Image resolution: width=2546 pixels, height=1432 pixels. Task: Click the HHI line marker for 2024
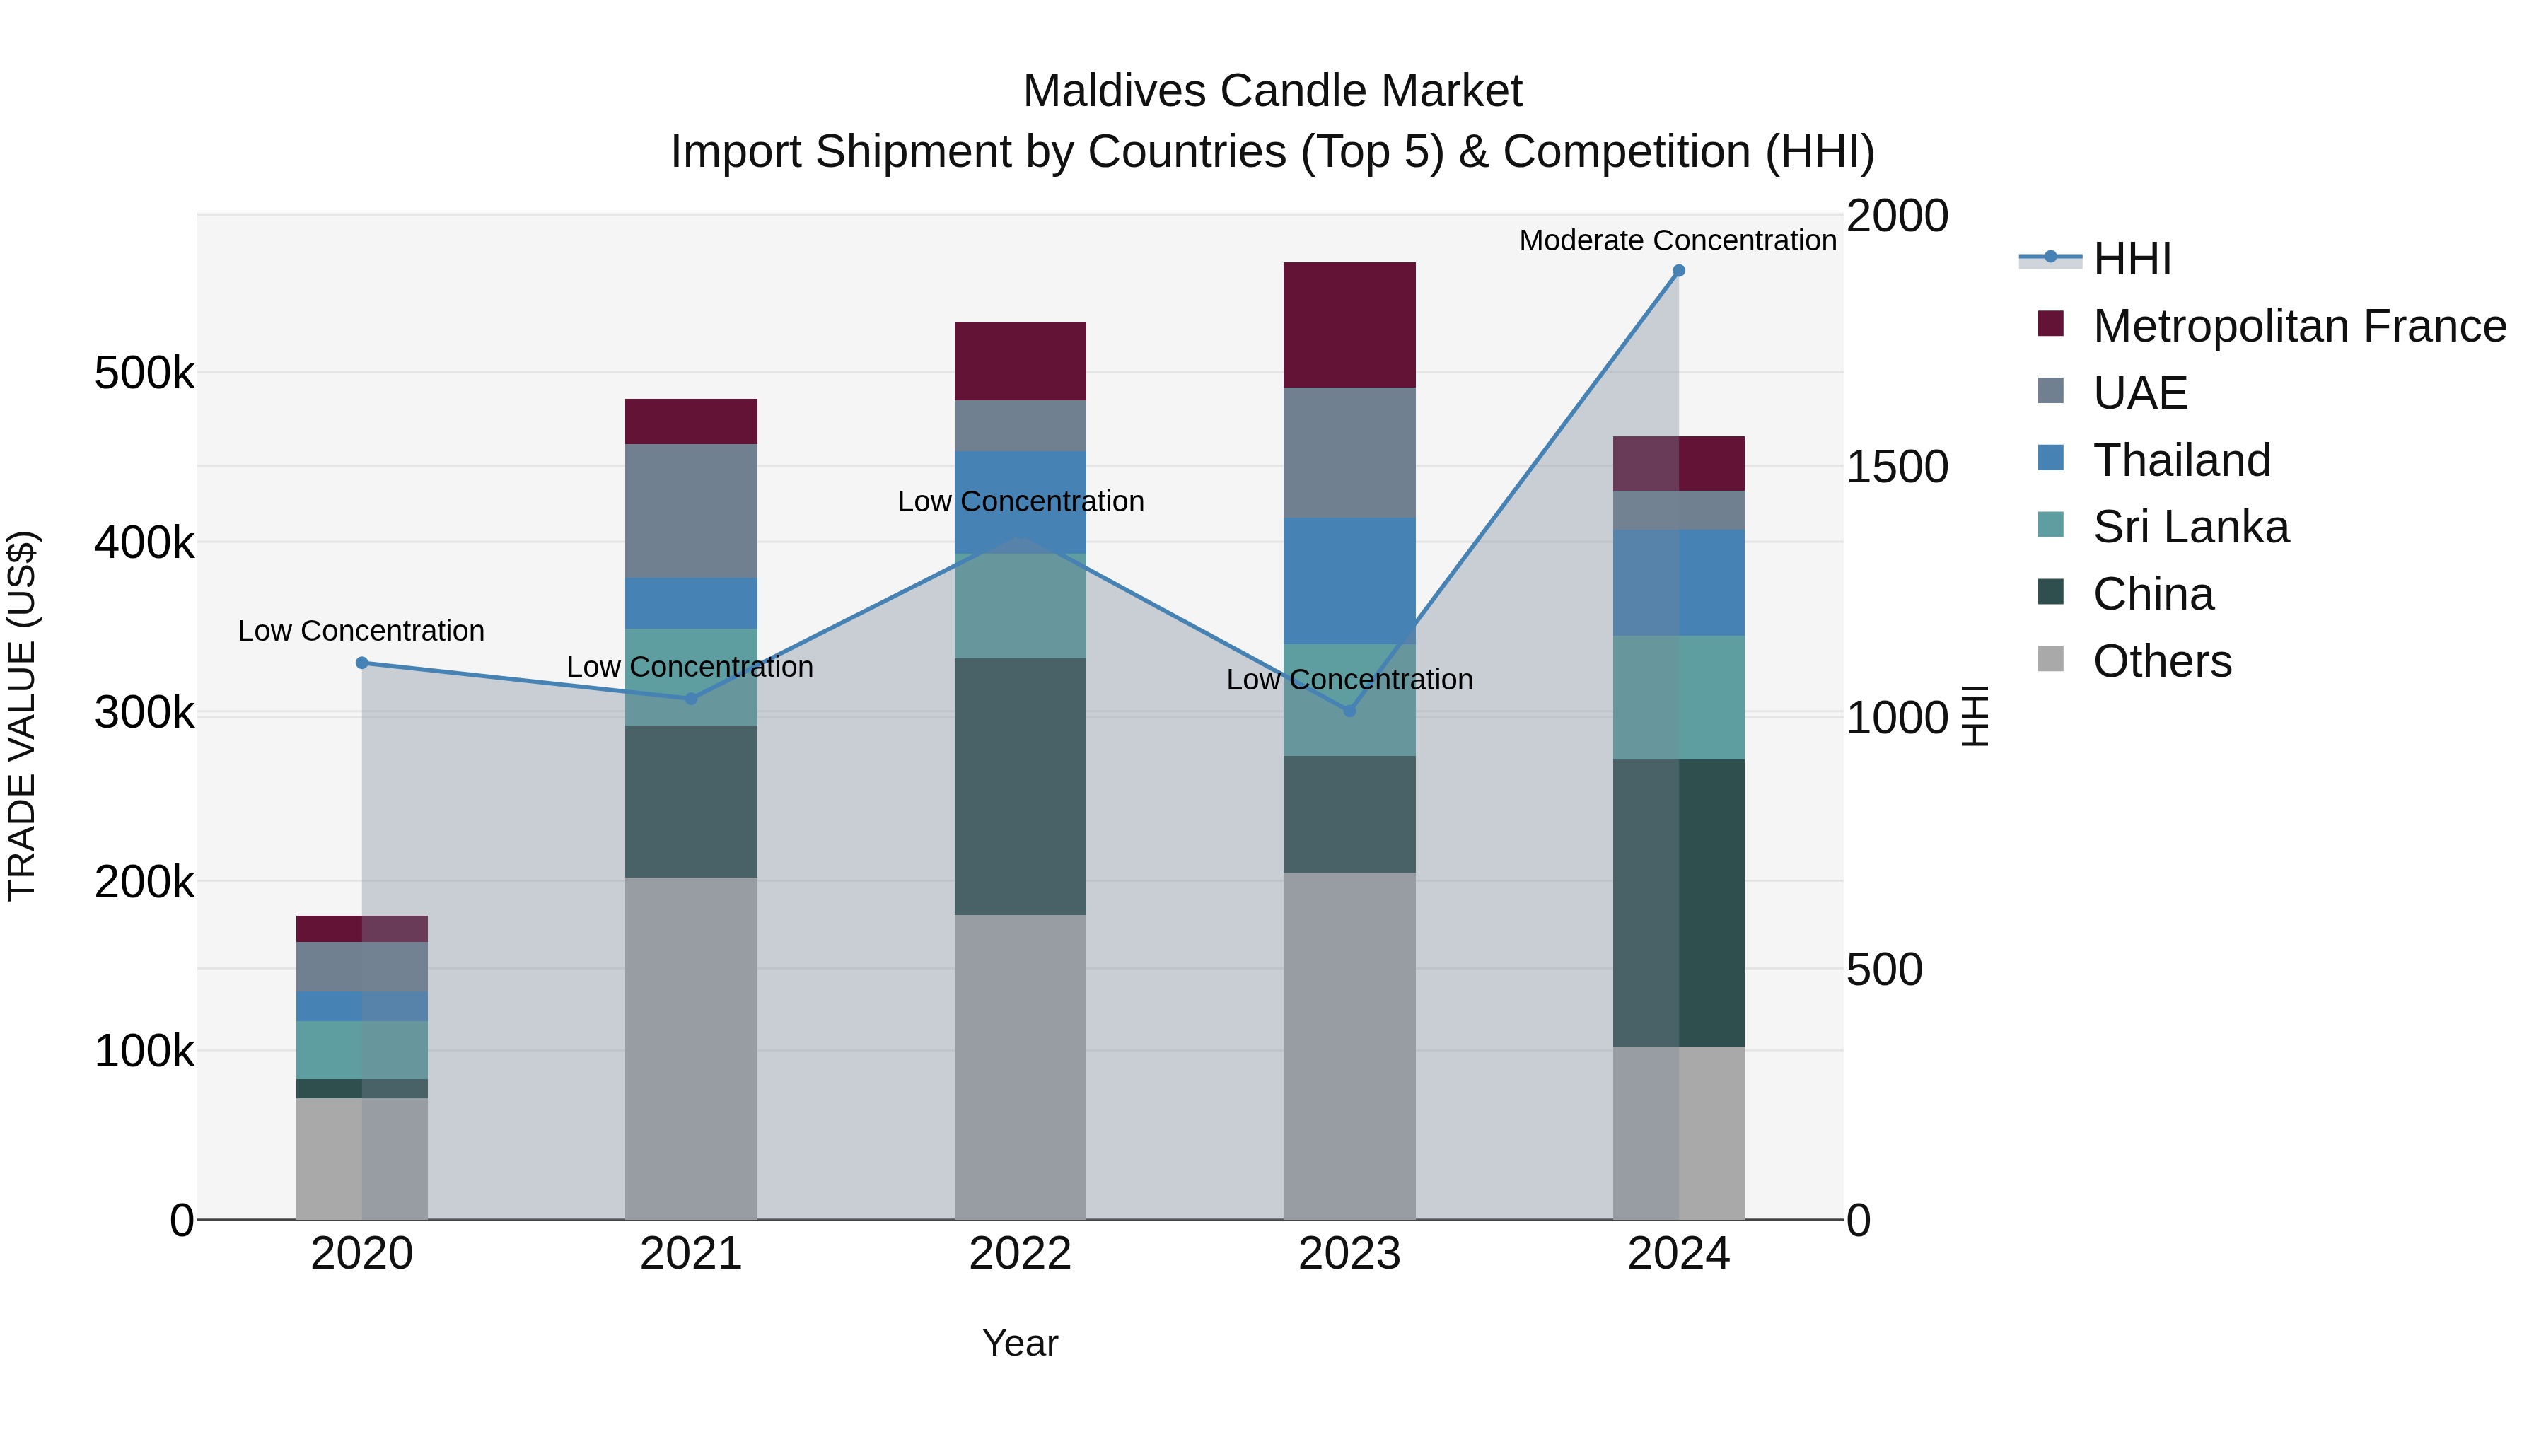click(x=1678, y=271)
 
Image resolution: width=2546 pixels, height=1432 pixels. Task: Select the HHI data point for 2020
click(x=361, y=663)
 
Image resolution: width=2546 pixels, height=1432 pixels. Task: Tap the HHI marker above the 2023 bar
click(x=1349, y=711)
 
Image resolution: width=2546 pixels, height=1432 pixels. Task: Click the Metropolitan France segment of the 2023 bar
click(x=1349, y=325)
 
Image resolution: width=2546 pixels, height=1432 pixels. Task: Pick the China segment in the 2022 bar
click(x=1020, y=786)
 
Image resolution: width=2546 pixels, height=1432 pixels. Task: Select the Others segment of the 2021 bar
click(x=691, y=1047)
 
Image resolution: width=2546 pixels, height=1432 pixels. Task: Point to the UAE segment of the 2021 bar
click(x=691, y=511)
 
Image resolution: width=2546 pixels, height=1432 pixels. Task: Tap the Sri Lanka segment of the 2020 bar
click(x=361, y=1049)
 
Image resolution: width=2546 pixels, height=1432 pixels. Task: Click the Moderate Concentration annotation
click(x=1678, y=240)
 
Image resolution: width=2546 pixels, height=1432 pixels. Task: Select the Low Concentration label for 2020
click(x=361, y=631)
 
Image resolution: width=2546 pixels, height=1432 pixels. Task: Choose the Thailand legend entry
click(x=2181, y=460)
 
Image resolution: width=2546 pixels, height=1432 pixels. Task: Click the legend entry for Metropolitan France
click(x=2299, y=326)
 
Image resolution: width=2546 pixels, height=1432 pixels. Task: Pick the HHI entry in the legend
click(x=2132, y=259)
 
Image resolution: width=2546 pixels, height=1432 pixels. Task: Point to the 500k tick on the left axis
click(x=144, y=373)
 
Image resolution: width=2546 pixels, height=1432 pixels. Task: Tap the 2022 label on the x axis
click(x=1020, y=1253)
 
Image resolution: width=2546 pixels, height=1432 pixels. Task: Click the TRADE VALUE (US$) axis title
click(x=22, y=716)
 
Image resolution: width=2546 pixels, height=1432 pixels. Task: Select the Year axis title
click(x=1020, y=1343)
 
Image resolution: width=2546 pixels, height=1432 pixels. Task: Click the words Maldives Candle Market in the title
click(x=1272, y=91)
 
